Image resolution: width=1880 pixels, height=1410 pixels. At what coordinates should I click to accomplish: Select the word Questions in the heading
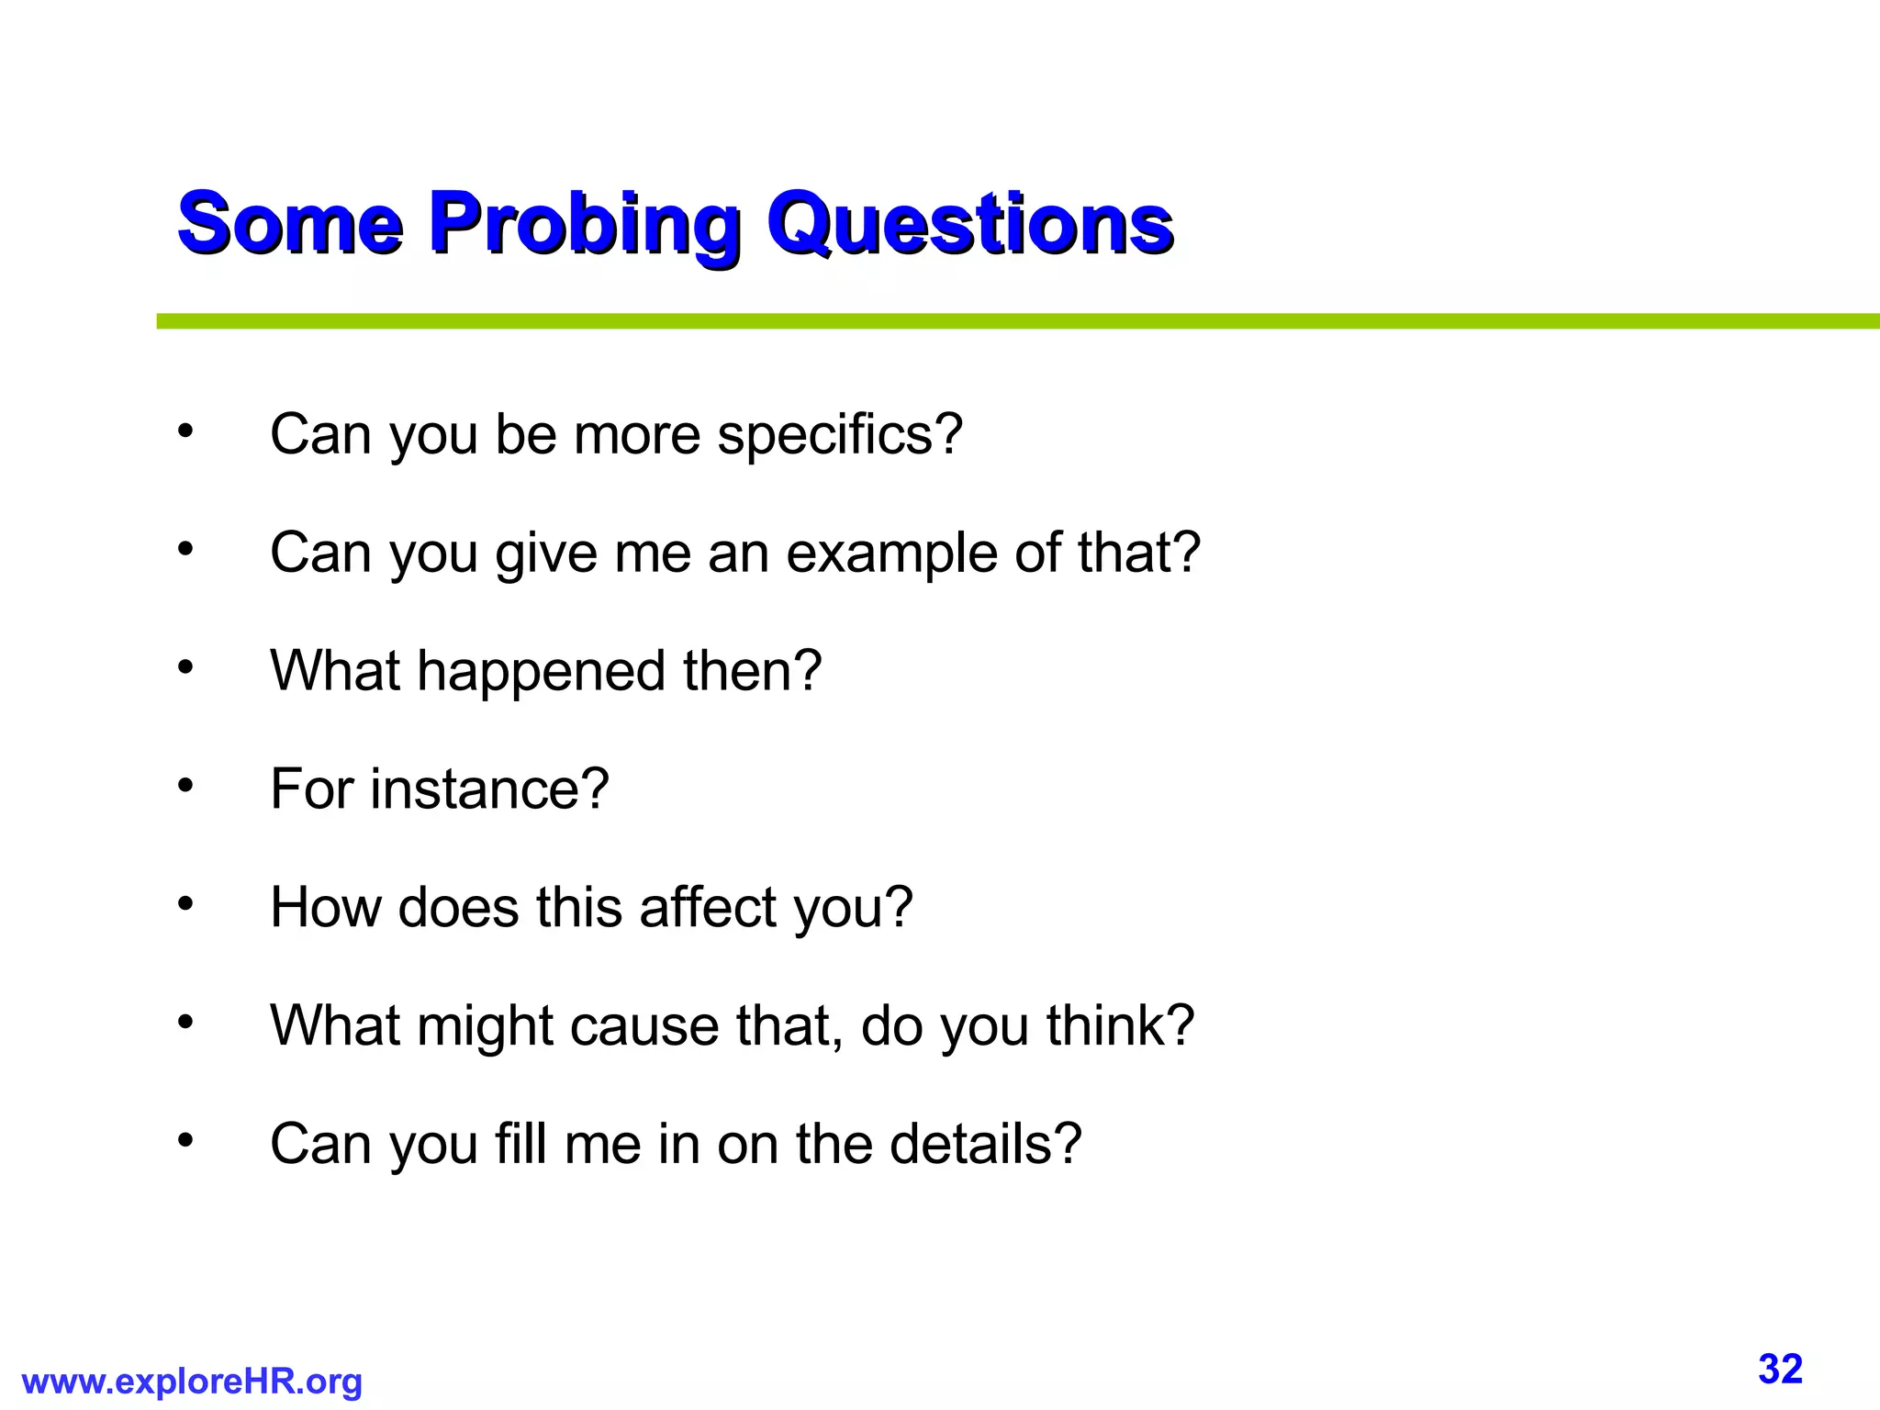[970, 224]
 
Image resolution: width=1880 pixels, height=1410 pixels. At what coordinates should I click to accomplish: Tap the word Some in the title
[289, 224]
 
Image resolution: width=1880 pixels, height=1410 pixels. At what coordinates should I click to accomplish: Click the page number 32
[1780, 1369]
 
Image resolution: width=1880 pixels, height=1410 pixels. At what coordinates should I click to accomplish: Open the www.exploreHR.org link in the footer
[192, 1381]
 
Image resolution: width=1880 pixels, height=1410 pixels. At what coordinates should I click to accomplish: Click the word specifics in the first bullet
[839, 434]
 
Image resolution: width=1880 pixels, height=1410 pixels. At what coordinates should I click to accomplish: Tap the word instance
[489, 789]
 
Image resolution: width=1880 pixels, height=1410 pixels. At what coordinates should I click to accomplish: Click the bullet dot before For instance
[185, 786]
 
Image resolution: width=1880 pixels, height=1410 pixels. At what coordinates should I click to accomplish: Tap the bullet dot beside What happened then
[185, 667]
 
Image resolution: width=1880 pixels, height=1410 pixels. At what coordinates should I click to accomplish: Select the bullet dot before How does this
[185, 904]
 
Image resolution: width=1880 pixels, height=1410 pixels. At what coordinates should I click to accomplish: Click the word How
[325, 908]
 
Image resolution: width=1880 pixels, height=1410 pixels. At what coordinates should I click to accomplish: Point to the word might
[484, 1026]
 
